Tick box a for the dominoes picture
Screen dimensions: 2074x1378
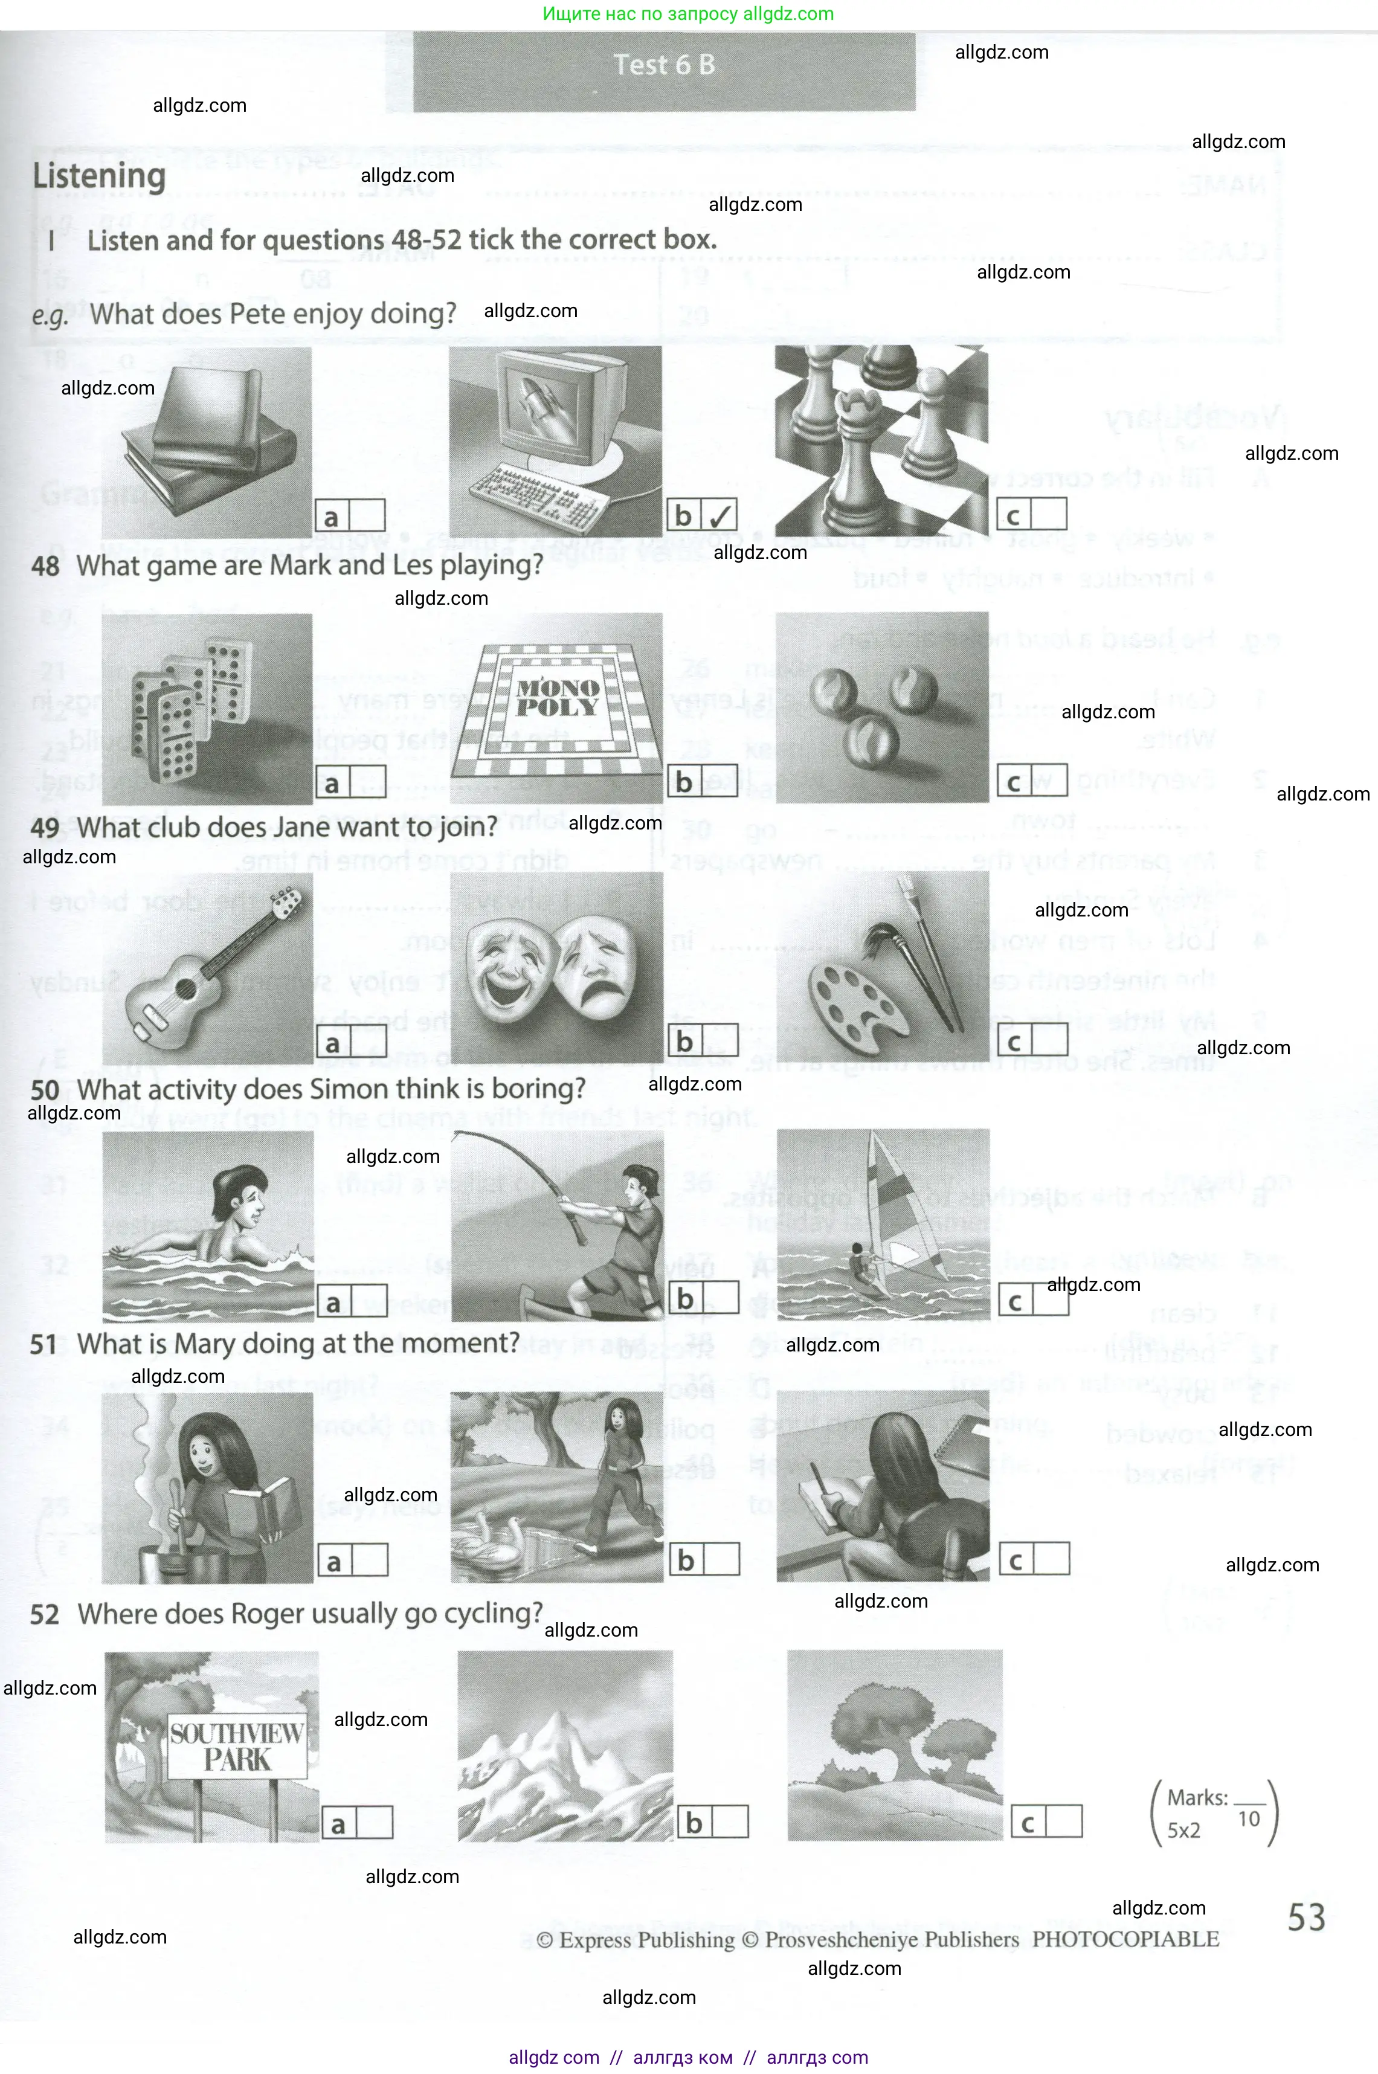coord(367,782)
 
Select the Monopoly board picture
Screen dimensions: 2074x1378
coord(557,708)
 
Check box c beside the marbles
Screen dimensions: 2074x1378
coord(1049,781)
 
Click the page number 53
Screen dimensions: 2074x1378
coord(1306,1917)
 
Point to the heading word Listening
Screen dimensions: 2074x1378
coord(99,176)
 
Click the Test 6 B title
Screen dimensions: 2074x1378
coord(665,65)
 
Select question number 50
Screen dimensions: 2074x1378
coord(45,1090)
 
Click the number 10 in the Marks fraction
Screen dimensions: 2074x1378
coord(1249,1819)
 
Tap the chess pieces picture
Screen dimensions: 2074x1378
coord(881,439)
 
